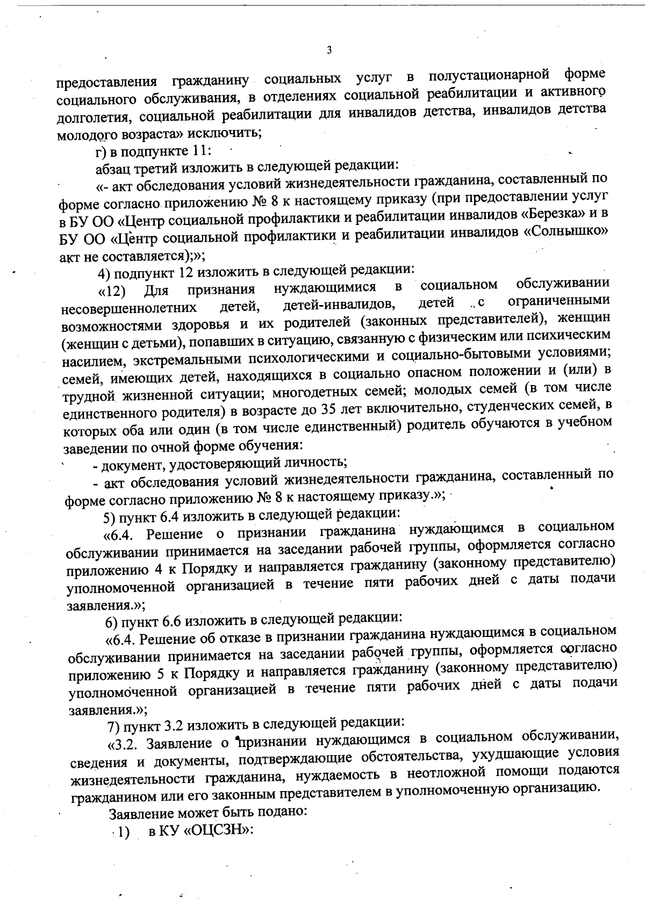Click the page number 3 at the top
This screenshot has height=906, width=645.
(329, 50)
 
